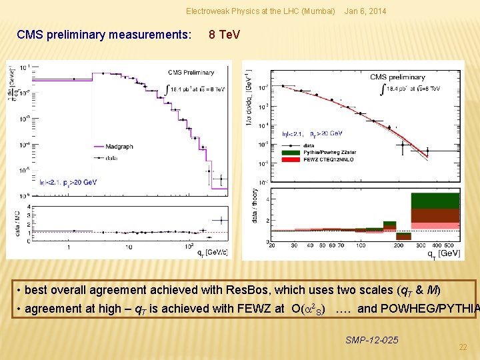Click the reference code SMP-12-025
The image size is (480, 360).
coord(372,340)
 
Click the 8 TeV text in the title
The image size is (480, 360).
coord(224,34)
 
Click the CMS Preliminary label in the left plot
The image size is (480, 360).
coord(191,73)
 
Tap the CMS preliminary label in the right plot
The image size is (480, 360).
coord(397,77)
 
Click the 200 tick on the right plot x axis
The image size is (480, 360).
coord(398,245)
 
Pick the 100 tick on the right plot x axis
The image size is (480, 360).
coord(360,245)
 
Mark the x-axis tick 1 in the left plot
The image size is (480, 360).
coord(69,247)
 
